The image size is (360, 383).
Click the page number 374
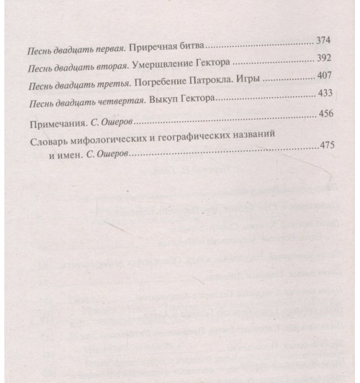[325, 38]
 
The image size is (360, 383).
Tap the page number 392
[326, 57]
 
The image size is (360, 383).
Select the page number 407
[326, 76]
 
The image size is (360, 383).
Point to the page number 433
[326, 94]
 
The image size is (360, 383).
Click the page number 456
[327, 115]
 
